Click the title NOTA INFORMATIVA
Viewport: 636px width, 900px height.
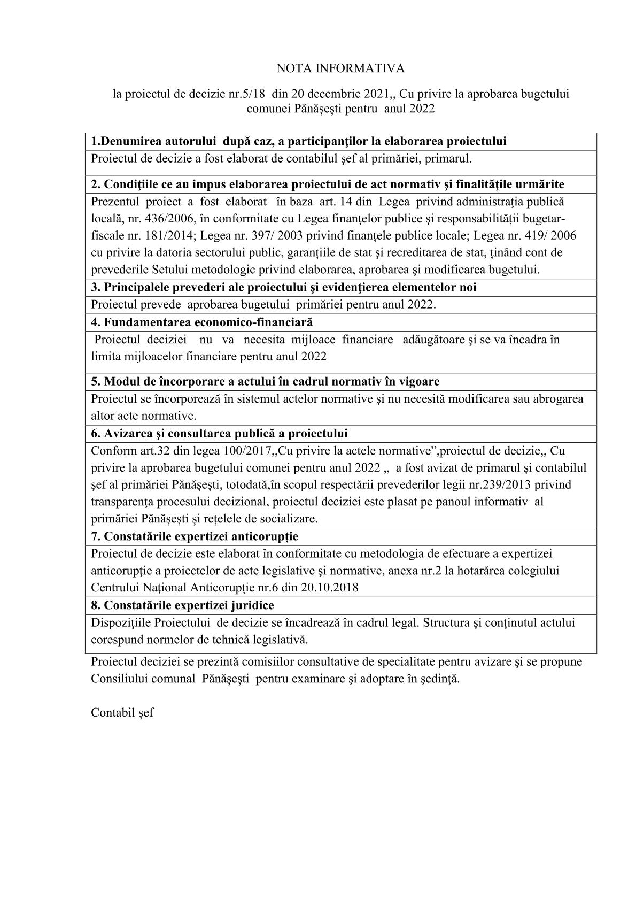[340, 68]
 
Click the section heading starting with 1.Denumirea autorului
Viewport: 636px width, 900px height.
[299, 142]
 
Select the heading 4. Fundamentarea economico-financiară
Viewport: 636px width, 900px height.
[202, 322]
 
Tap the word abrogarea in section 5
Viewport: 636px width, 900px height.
[559, 399]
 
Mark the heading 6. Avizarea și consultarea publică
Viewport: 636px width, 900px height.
[219, 433]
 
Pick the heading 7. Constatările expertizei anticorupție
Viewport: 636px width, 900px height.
[195, 536]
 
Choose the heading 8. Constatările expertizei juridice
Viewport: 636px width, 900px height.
[182, 605]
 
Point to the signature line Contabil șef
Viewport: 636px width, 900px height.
[122, 713]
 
